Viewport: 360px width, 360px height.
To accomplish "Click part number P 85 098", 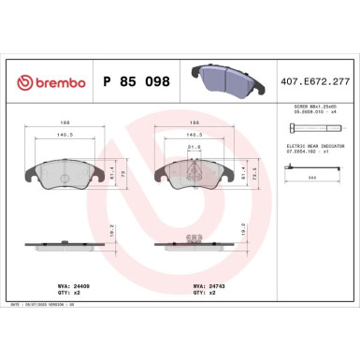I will pyautogui.click(x=135, y=82).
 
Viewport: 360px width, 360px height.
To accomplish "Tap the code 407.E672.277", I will pyautogui.click(x=316, y=82).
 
